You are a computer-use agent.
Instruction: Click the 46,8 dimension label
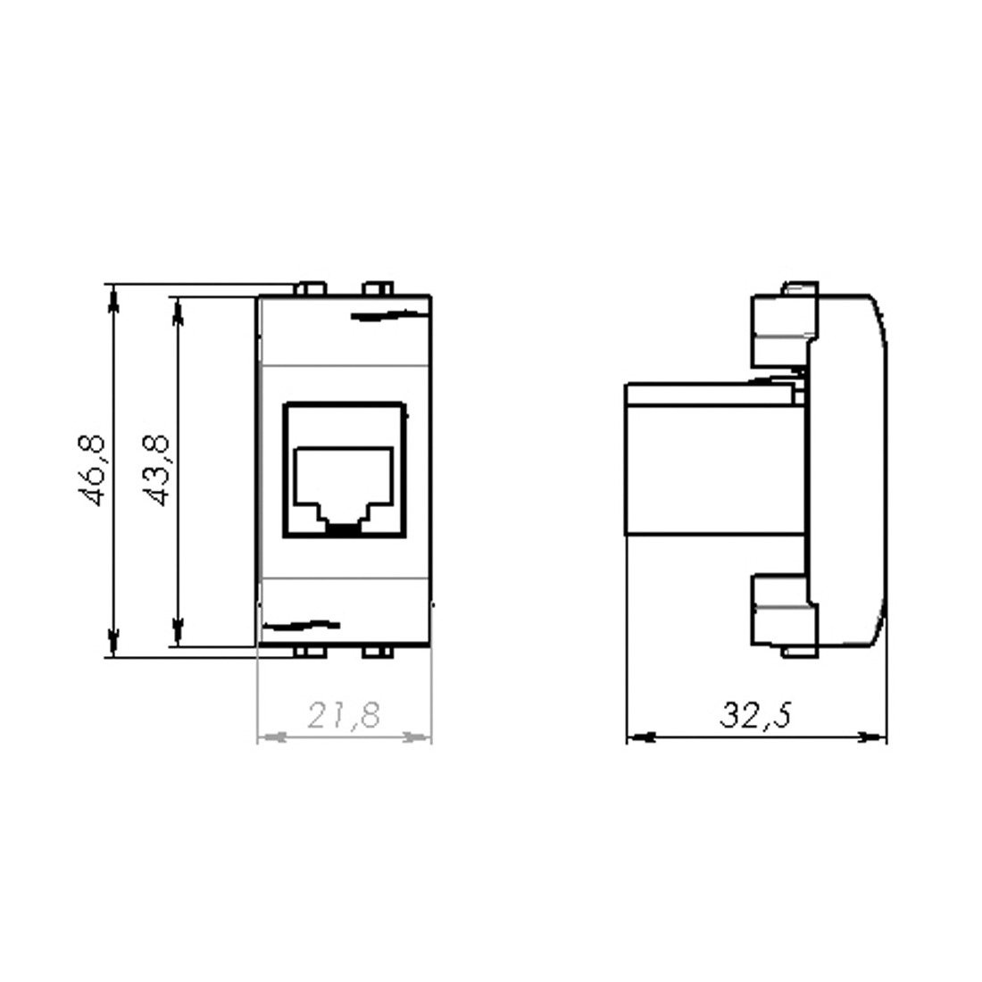95,470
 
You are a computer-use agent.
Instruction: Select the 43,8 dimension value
159,470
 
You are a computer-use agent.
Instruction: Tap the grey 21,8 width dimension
344,716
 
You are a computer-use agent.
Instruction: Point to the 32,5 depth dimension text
755,716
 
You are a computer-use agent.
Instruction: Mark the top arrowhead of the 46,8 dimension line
112,298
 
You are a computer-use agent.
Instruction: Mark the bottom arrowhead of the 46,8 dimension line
112,643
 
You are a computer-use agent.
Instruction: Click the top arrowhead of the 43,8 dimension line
179,310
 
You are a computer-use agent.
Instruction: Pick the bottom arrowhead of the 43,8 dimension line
179,630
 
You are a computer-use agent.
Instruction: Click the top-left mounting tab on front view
309,289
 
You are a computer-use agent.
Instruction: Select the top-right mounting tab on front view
377,289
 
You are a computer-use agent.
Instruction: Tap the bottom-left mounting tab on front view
309,652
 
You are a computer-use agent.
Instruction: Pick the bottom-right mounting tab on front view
377,652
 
